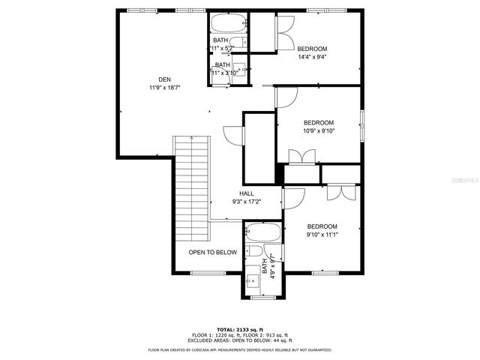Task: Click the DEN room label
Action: tap(164, 79)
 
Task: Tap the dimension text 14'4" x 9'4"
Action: tap(312, 57)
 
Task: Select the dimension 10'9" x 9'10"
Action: tap(318, 130)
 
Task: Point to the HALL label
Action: tap(246, 193)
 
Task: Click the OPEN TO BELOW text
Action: tap(212, 253)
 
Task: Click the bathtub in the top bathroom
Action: tap(227, 22)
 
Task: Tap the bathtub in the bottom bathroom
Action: tap(262, 232)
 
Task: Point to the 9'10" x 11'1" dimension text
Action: tap(322, 235)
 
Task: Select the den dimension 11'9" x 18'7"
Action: tap(164, 88)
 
